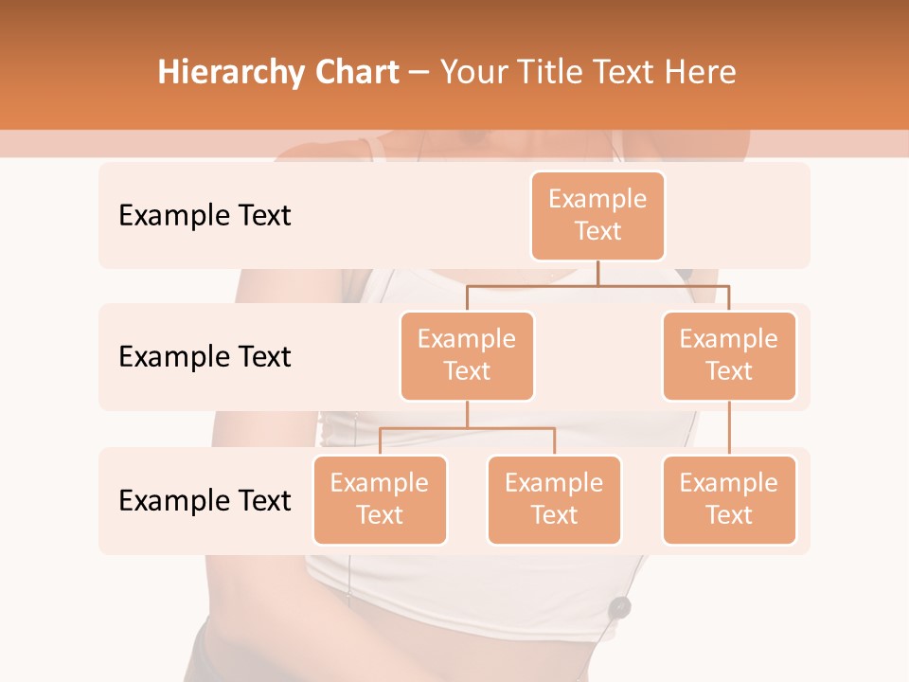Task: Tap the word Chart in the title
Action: point(353,73)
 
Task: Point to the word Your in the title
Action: point(472,73)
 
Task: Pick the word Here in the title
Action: point(700,73)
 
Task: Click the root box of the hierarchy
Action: point(597,215)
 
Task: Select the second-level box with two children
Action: point(467,355)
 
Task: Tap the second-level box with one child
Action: point(729,355)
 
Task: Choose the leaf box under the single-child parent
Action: point(729,499)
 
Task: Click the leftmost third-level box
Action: point(380,499)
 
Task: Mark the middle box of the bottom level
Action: point(554,499)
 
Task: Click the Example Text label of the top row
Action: point(205,216)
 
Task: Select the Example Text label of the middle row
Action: point(205,357)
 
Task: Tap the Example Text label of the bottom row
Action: point(205,500)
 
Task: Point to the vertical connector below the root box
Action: point(597,273)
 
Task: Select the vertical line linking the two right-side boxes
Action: point(729,428)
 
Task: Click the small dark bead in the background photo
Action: point(620,606)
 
